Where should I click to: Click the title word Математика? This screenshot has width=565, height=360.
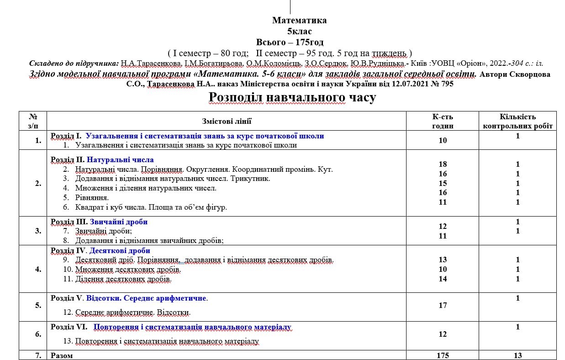click(x=299, y=21)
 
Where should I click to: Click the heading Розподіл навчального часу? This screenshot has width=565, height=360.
click(x=292, y=97)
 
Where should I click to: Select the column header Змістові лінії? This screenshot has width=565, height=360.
click(x=227, y=121)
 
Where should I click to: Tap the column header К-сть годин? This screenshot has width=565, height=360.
click(x=443, y=121)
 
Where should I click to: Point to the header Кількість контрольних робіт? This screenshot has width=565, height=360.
click(x=517, y=121)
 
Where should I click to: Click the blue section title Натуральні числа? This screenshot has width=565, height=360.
click(x=120, y=159)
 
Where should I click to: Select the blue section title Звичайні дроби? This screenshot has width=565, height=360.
click(x=119, y=222)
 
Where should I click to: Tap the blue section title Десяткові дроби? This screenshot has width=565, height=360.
click(x=120, y=251)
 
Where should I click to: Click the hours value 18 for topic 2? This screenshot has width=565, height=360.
click(x=443, y=164)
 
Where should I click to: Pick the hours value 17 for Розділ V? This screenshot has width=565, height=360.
click(x=443, y=305)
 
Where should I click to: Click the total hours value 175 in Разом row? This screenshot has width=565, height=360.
click(x=443, y=355)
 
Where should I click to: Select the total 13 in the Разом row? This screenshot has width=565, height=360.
click(x=517, y=355)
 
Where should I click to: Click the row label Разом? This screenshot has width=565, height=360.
click(x=61, y=355)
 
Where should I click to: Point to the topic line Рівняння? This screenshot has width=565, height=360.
click(x=92, y=197)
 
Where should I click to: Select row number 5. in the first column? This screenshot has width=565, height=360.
click(x=38, y=305)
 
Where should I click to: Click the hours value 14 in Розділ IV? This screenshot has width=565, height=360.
click(x=443, y=279)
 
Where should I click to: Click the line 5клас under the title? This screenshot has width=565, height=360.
click(x=299, y=32)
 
